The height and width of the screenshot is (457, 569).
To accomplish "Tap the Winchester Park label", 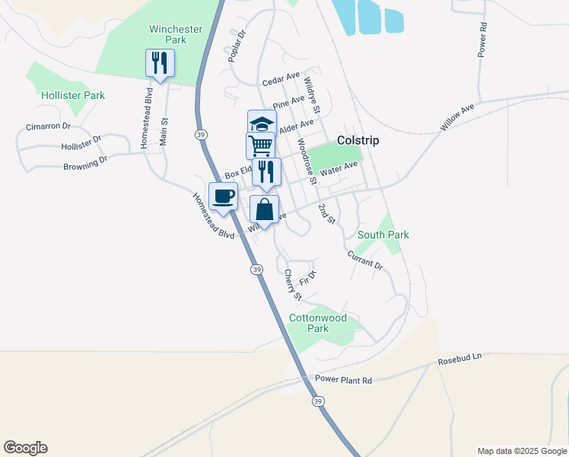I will pos(176,34).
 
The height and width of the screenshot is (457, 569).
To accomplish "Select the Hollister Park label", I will pos(74,95).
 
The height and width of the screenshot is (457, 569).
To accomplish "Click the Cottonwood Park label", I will pos(318,323).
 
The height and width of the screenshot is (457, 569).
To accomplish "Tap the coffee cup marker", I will pos(223,197).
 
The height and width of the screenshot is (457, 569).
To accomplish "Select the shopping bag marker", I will pos(264,209).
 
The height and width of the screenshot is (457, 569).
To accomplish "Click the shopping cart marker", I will pos(260,145).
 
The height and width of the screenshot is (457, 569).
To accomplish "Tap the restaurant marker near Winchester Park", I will pos(160,62).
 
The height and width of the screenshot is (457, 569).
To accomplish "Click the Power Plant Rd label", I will pos(344,381).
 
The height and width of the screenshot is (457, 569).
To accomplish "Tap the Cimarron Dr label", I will pos(48,126).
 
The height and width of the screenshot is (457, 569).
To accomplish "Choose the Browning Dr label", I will pos(86,164).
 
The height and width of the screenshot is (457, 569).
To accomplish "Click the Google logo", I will pos(25,448).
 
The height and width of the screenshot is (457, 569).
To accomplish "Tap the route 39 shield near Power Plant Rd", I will pos(317,401).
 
